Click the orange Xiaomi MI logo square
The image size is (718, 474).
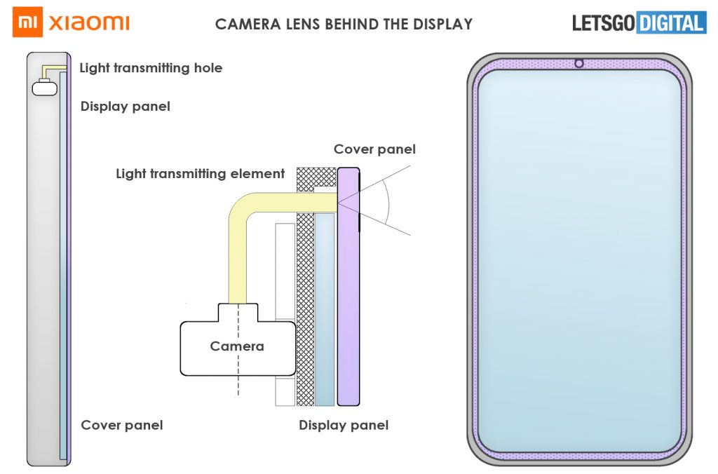[27, 22]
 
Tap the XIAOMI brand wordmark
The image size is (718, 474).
[89, 23]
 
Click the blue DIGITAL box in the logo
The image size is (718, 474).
[671, 23]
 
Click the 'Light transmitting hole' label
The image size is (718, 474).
[151, 68]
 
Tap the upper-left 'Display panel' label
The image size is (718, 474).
[125, 107]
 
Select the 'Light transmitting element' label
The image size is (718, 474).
[200, 173]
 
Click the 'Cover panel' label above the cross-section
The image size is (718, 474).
[374, 149]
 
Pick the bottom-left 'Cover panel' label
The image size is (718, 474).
[122, 425]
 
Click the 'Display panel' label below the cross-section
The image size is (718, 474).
[344, 425]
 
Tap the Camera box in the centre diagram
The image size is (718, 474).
[237, 346]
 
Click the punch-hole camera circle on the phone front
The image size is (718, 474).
[579, 64]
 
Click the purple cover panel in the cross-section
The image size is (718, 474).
[348, 294]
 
